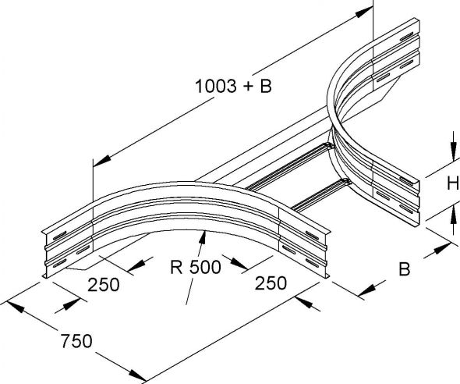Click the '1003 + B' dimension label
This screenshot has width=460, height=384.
click(x=233, y=87)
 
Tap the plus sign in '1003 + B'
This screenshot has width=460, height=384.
click(x=248, y=87)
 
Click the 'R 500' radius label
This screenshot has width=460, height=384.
click(x=196, y=267)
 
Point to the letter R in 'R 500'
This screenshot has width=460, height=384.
click(x=176, y=267)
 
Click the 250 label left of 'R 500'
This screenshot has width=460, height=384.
click(x=104, y=284)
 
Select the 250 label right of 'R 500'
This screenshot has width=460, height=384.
click(x=271, y=283)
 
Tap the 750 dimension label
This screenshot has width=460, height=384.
click(x=76, y=341)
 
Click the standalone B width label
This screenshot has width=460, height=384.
click(x=405, y=268)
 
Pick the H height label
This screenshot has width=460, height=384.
click(x=453, y=184)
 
